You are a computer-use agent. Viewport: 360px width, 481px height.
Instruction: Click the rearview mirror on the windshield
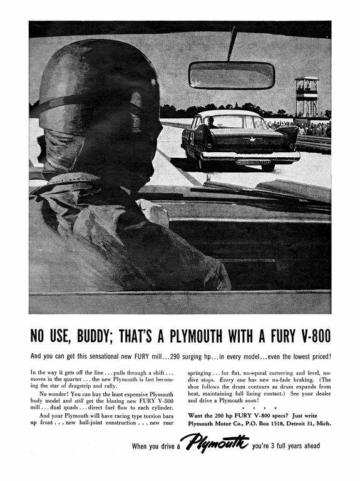pos(231,75)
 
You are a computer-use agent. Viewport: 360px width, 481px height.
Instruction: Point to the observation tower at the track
pos(306,98)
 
